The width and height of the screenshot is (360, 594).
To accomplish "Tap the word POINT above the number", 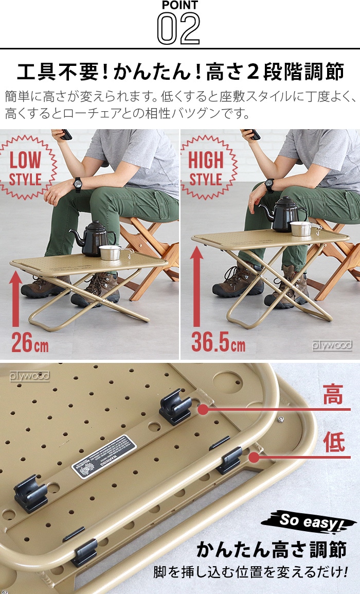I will click(179, 5).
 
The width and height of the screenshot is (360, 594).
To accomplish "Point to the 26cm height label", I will click(30, 342).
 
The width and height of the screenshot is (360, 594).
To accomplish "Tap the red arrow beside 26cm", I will click(16, 299).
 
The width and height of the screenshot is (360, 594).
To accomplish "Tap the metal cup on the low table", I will click(110, 252).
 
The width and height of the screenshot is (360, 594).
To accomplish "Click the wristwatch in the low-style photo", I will click(78, 182).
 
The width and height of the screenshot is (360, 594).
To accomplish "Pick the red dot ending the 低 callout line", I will click(253, 457).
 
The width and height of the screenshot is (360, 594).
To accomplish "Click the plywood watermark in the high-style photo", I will click(332, 345).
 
